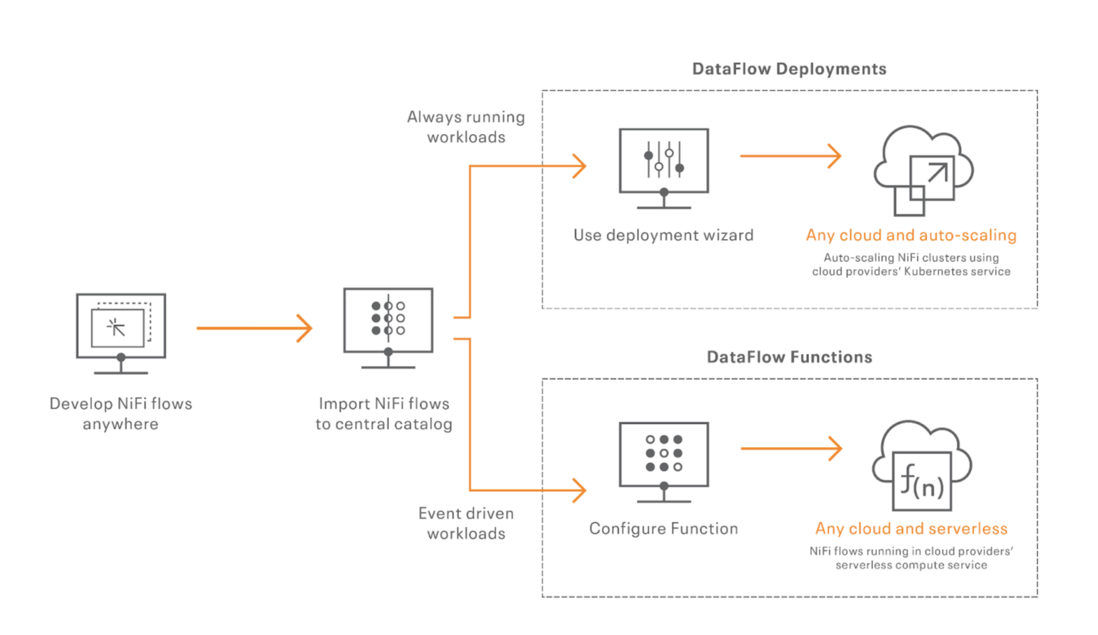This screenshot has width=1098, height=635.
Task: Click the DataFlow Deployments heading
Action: pos(789,69)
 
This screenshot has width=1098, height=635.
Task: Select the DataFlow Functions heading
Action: pos(789,357)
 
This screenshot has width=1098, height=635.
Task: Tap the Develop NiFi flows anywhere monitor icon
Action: pos(121,333)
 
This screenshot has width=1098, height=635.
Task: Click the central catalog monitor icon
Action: pos(388,328)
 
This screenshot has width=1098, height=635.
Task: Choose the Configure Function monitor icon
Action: pos(664,462)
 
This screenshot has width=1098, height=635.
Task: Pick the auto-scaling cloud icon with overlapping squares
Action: pos(924,171)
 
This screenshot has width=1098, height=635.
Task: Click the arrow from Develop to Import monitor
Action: pos(254,328)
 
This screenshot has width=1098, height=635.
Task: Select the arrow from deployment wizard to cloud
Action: pos(791,156)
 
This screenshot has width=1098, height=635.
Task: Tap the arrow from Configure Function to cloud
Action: pos(791,448)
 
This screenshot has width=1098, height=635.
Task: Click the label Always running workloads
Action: pos(466,127)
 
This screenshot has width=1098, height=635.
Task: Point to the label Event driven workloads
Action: pos(466,523)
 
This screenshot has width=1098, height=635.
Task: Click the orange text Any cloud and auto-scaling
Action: pos(911,235)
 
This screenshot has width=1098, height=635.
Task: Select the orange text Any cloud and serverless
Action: pos(911,528)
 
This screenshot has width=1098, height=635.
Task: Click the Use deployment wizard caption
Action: pos(664,235)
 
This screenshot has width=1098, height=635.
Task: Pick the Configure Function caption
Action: pos(664,528)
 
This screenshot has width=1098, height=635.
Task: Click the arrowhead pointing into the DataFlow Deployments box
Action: pos(580,166)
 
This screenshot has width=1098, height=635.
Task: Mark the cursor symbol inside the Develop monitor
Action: pos(116,327)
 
